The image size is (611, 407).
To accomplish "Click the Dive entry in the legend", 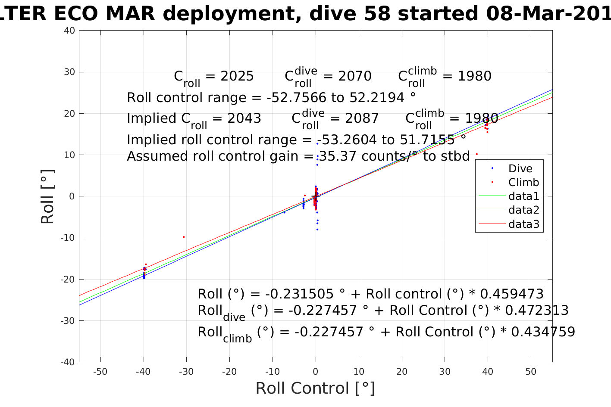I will [x=520, y=169].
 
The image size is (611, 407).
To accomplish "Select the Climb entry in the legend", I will [x=523, y=183].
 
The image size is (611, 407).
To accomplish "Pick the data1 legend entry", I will [x=523, y=196].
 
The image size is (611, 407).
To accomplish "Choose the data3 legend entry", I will [x=523, y=224].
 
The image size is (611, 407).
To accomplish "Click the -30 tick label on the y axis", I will [x=69, y=321].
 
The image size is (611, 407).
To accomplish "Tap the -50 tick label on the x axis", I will [x=100, y=372].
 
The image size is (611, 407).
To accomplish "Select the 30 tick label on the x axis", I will [x=445, y=372].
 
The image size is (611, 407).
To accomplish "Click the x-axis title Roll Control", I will [x=315, y=388].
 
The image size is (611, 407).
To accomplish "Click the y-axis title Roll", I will [x=47, y=197].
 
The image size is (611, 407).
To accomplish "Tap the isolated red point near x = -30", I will [x=184, y=237].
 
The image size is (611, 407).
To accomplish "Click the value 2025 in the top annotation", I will [x=237, y=76].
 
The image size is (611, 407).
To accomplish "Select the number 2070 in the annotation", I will [x=355, y=76].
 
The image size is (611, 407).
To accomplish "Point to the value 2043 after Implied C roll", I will [x=244, y=118].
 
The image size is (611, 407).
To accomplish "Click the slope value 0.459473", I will [x=512, y=294].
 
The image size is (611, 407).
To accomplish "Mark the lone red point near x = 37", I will [x=476, y=154].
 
